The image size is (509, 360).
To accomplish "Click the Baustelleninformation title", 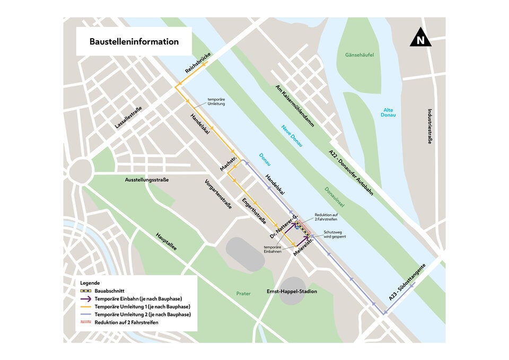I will coord(134,41).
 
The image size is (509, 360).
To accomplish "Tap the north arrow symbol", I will coord(420,38).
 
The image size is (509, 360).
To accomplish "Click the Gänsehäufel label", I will coord(359,55).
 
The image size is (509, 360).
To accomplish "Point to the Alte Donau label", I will coord(389,112).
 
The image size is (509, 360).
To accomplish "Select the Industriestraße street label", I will coord(429,126).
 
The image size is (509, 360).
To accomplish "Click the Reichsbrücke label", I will coord(198,63).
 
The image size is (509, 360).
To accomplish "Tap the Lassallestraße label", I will coord(129,117).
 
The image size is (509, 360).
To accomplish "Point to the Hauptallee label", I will coord(166,246).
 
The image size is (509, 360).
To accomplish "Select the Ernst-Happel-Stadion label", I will coord(292,292).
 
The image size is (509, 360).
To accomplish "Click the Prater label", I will coord(243,293).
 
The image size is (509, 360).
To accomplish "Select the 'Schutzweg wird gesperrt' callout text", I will coord(335,234).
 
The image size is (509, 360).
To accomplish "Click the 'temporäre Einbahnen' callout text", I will coord(273,249).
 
